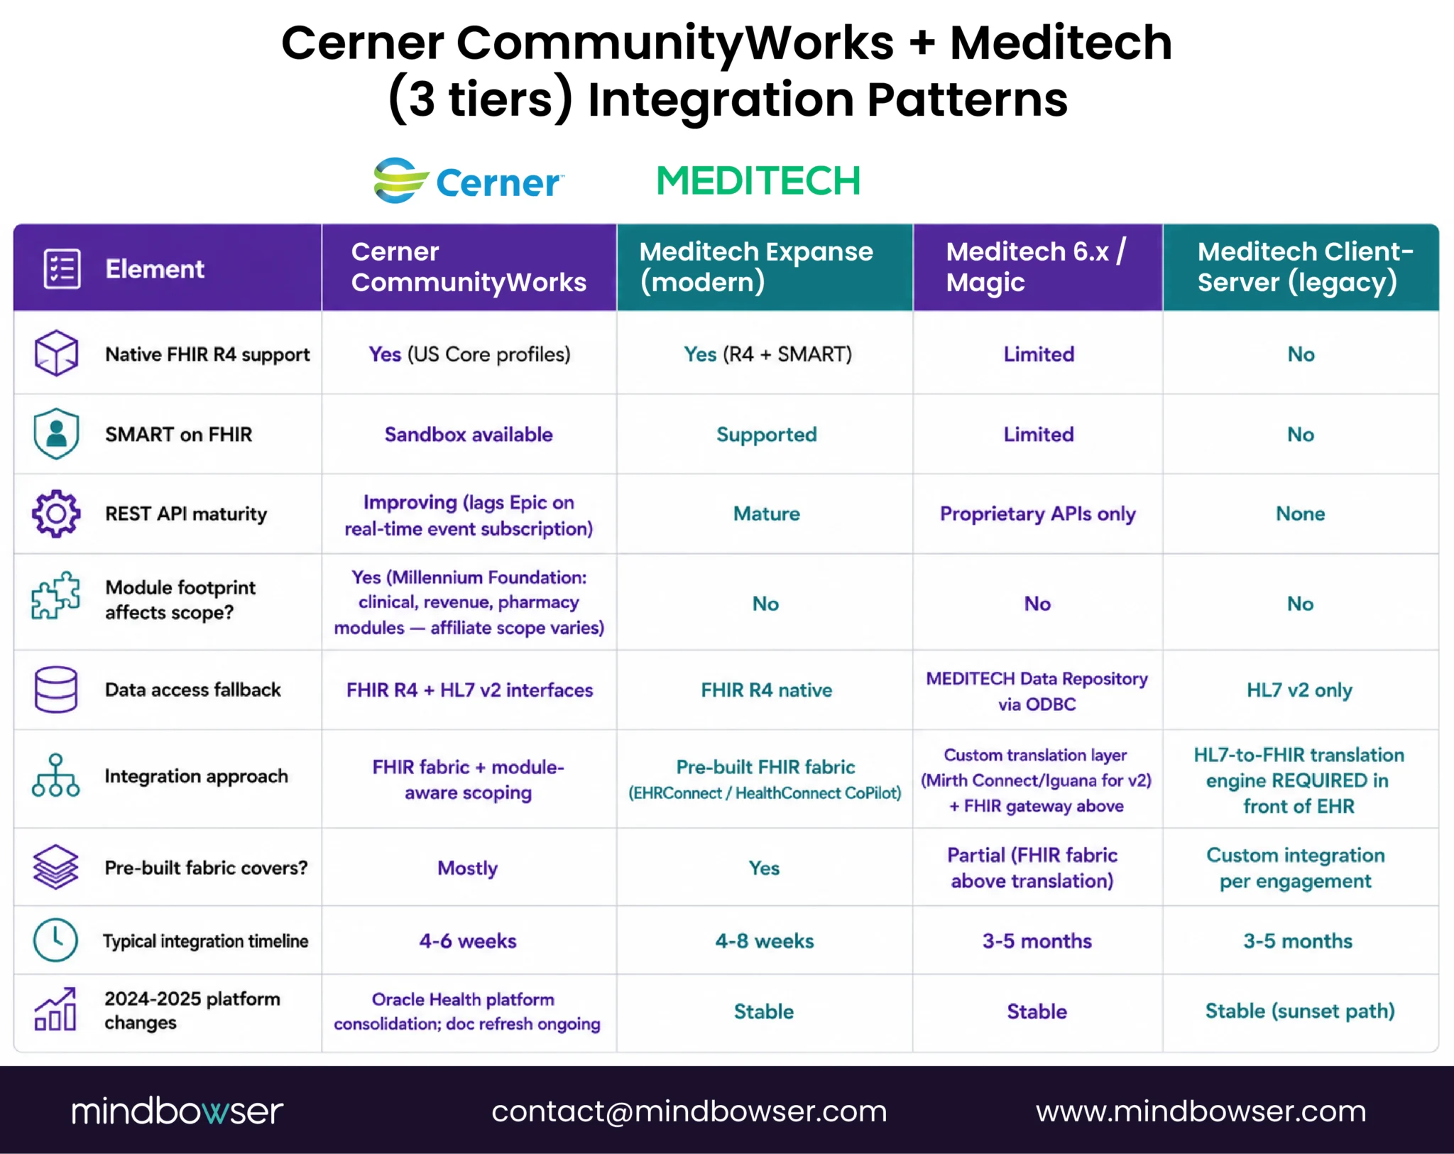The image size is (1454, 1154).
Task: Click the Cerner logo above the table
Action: click(x=469, y=180)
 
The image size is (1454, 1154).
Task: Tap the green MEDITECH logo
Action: click(x=758, y=180)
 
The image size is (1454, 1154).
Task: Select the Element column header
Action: click(x=155, y=268)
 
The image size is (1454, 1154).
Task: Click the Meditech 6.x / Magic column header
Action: click(x=1036, y=267)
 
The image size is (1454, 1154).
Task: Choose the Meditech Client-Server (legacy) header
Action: click(x=1305, y=267)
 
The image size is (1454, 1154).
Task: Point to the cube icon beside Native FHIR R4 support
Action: click(x=56, y=353)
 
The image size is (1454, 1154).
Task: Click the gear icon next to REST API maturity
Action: click(x=56, y=513)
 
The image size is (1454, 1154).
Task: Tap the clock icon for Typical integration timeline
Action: click(x=55, y=940)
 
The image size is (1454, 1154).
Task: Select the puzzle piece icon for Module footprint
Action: click(x=56, y=595)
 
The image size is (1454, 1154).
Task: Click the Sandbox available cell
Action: click(x=469, y=435)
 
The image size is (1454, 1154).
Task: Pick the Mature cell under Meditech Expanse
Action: click(x=766, y=514)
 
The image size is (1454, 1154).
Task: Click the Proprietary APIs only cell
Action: click(x=1037, y=514)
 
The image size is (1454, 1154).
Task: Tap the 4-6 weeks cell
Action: click(x=468, y=941)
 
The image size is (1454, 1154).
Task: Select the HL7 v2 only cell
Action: click(x=1299, y=690)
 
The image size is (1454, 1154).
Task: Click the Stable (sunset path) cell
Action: click(x=1300, y=1011)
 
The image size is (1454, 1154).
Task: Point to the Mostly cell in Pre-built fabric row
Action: click(x=467, y=869)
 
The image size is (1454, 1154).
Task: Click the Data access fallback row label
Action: click(x=193, y=690)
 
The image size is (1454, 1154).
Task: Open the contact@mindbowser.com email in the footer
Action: click(x=689, y=1111)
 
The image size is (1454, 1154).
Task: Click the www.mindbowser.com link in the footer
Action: click(x=1201, y=1111)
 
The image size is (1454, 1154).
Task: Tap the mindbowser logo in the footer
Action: click(x=177, y=1111)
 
